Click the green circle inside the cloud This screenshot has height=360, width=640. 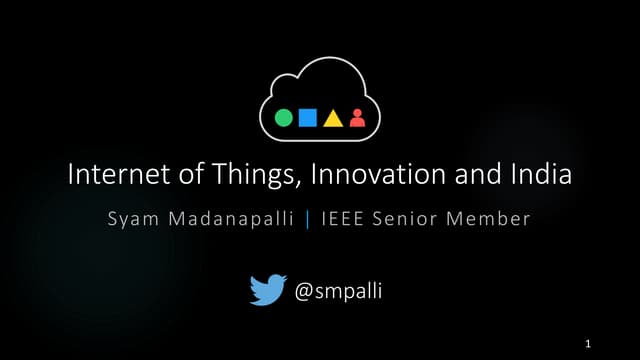284,118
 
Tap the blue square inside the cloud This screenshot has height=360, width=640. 308,118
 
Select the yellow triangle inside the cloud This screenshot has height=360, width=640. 333,119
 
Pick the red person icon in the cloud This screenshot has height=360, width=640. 357,118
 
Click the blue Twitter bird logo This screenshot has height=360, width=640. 267,290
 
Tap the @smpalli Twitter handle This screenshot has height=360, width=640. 339,291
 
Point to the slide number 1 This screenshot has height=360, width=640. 589,344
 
